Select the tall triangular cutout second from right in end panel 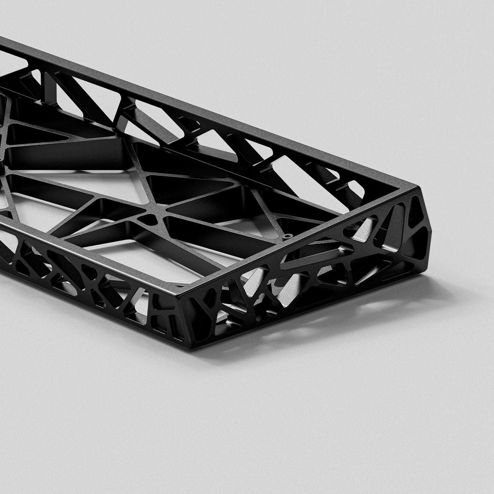[398, 220]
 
